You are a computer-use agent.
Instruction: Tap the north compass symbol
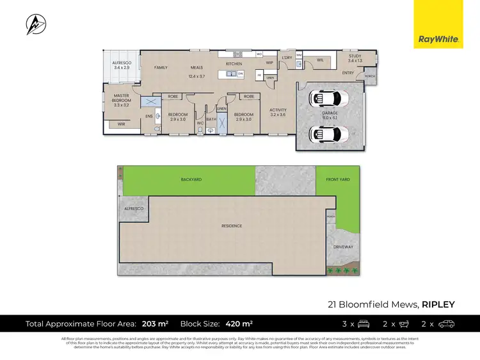pos(35,25)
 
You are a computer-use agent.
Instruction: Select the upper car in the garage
pos(327,99)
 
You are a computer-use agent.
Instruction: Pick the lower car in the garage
pos(327,134)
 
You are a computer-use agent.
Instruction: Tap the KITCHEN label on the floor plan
pos(234,65)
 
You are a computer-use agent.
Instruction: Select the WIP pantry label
pos(269,63)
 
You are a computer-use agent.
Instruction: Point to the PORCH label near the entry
pos(369,76)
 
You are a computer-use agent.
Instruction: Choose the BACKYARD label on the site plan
pos(191,180)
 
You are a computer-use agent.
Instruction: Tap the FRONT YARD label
pos(338,180)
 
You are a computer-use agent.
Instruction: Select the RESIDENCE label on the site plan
pos(232,226)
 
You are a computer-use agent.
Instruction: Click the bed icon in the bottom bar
pos(363,323)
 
